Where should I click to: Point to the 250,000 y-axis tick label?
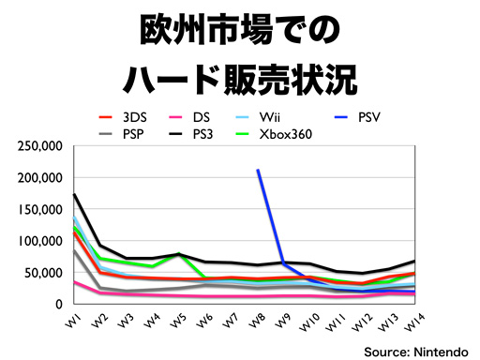[x=38, y=146]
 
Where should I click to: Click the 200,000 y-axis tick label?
[x=38, y=178]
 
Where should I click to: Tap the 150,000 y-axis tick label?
[x=38, y=210]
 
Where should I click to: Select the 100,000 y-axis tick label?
[x=38, y=242]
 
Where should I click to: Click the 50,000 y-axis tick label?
[x=42, y=273]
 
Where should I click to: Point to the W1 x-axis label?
[x=71, y=320]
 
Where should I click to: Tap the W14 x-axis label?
[x=411, y=322]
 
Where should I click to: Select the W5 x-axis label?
[x=176, y=320]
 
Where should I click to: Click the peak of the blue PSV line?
[x=258, y=171]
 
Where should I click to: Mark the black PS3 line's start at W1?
[x=74, y=195]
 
